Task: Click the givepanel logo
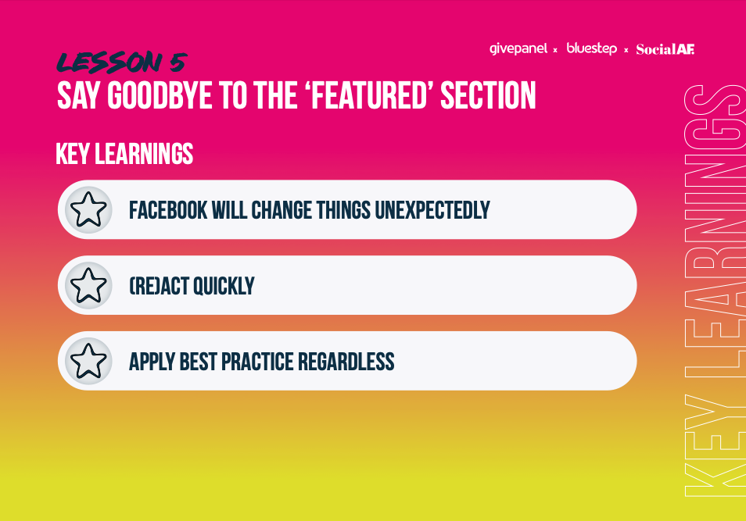[518, 49]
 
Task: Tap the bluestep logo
[591, 48]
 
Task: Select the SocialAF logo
[665, 49]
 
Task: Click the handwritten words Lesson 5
[121, 62]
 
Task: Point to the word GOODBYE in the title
[160, 95]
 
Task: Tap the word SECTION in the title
[488, 95]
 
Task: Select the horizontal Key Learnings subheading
[124, 154]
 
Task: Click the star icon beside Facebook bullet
[88, 209]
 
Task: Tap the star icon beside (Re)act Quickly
[88, 285]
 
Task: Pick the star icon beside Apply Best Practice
[88, 361]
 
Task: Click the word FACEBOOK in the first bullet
[168, 210]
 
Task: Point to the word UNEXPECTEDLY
[432, 210]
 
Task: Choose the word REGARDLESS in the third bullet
[346, 362]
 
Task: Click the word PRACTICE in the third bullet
[257, 362]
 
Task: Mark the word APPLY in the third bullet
[152, 362]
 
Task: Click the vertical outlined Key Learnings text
[714, 291]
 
